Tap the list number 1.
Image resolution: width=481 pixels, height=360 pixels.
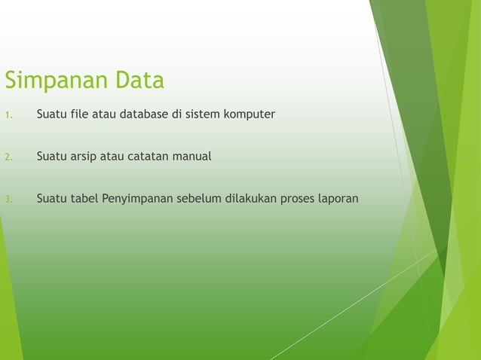click(7, 116)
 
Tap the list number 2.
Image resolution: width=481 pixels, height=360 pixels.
click(7, 158)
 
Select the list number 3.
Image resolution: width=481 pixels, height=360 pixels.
click(7, 200)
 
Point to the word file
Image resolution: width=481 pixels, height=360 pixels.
click(81, 115)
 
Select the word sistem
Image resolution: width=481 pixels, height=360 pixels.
click(206, 115)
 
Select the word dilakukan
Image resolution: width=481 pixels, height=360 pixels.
click(247, 200)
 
